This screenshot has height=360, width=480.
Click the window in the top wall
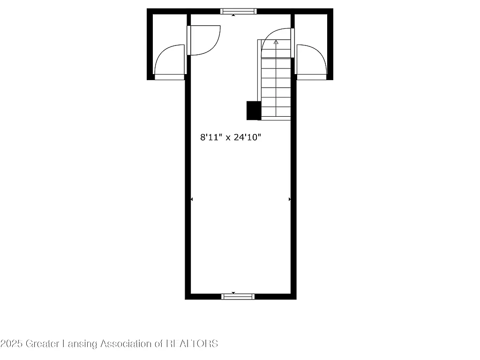[239, 11]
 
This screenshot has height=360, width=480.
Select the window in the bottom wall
[238, 296]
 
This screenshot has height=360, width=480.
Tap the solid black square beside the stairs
[254, 111]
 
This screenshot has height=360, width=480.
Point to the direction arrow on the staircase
[276, 42]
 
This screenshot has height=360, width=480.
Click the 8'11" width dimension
[210, 137]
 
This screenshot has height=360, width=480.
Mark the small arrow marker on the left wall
[191, 199]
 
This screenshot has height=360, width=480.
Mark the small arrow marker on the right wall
[290, 199]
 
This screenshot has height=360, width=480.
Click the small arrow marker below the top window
[234, 15]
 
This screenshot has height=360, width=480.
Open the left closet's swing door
[169, 61]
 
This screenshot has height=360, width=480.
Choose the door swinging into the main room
[204, 40]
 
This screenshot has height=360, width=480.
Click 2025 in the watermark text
[10, 344]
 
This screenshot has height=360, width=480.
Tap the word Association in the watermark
[126, 344]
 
